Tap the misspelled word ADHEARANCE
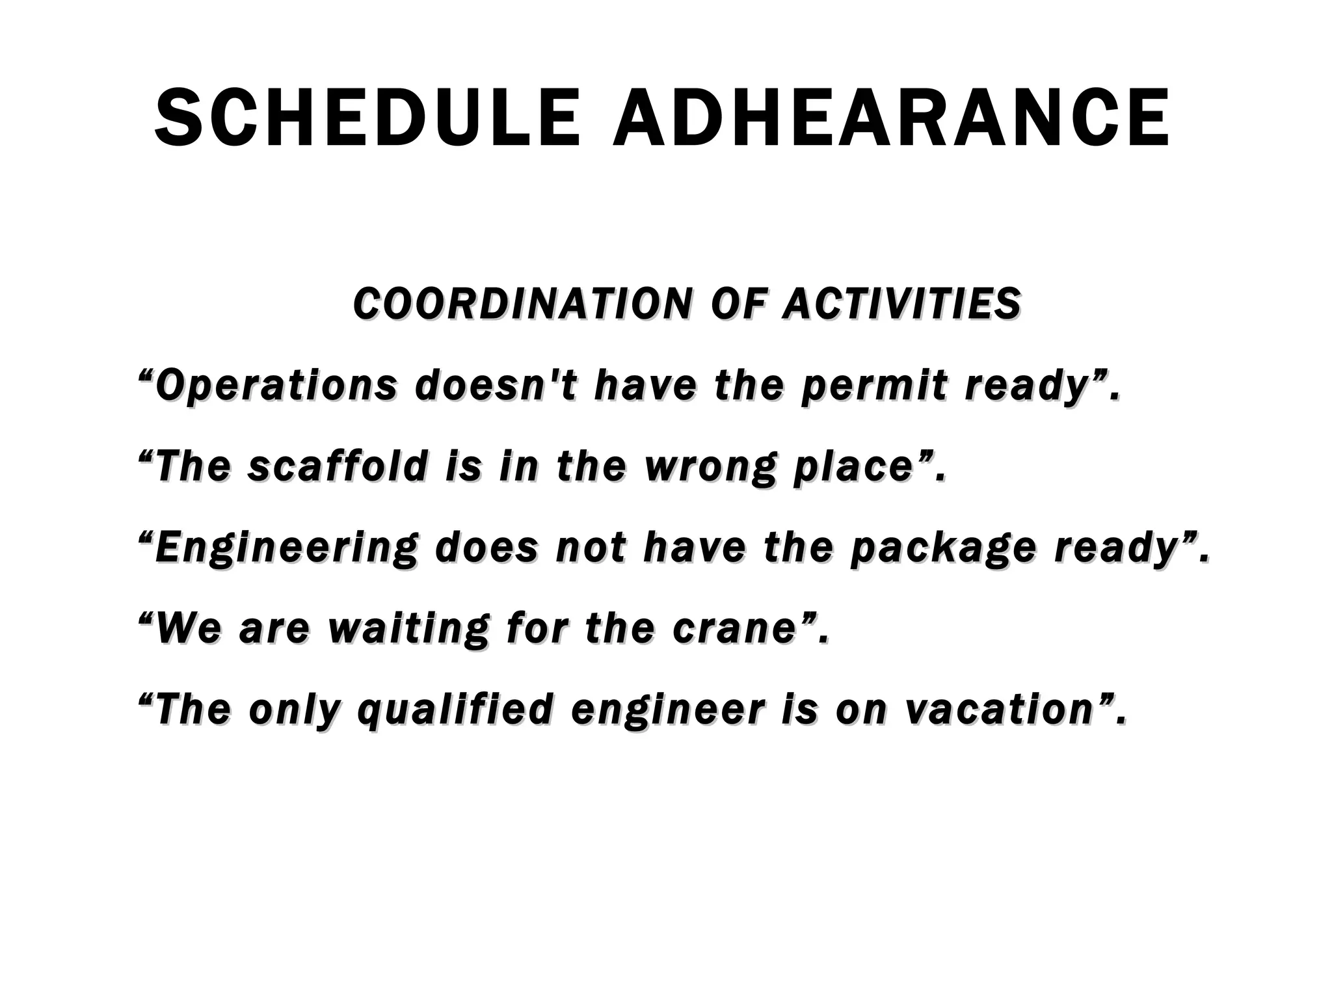pos(892,118)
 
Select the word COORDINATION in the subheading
pos(520,304)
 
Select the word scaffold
pos(337,466)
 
